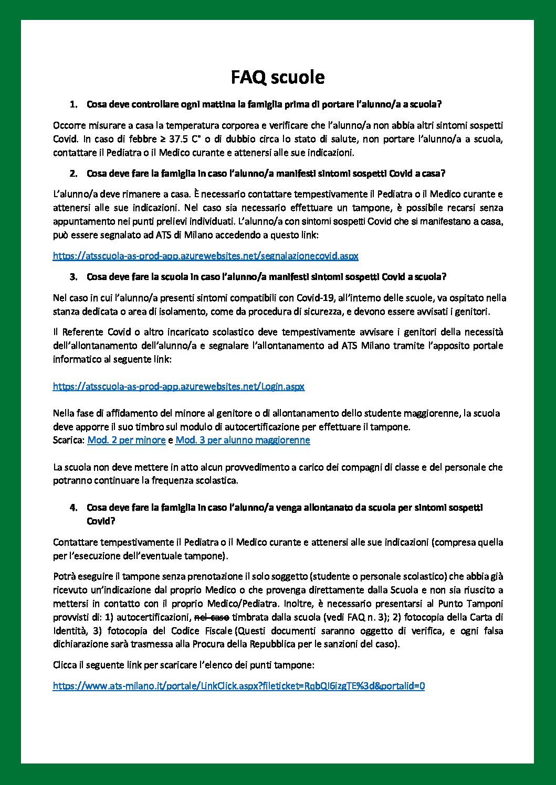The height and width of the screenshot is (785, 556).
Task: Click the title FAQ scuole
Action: tap(278, 78)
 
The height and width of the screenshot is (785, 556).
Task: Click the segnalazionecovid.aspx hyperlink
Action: tap(205, 256)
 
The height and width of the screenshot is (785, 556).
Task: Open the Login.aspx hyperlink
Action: tap(179, 386)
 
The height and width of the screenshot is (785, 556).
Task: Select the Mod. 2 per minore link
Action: tap(126, 440)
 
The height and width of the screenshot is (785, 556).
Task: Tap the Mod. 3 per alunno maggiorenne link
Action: tap(243, 440)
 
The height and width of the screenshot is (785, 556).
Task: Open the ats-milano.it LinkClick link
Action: tap(238, 686)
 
